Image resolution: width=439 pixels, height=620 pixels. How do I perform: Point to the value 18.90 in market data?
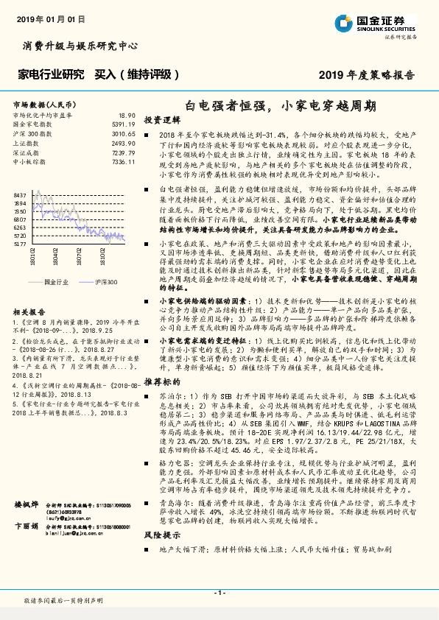point(127,116)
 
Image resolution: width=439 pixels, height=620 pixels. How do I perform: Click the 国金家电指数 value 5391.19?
point(123,125)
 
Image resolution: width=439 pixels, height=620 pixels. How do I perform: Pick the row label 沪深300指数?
point(32,134)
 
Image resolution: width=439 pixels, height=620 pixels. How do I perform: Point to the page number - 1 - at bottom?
point(219,592)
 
